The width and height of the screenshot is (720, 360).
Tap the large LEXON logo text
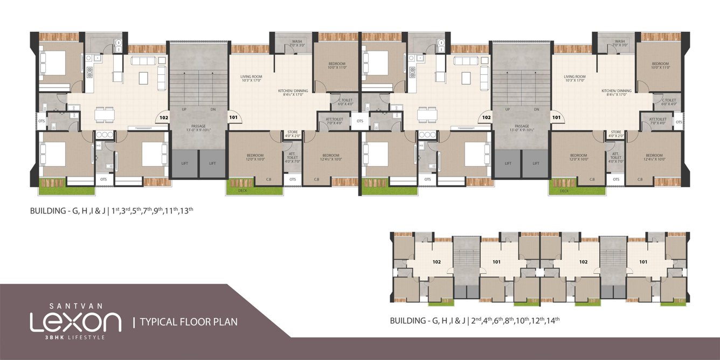(75, 322)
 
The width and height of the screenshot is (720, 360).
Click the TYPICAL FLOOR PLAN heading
(189, 322)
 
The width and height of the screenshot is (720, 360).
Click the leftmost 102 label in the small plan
(437, 262)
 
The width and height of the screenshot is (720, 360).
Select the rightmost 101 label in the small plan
(643, 262)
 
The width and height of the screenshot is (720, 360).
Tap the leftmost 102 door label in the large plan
(163, 116)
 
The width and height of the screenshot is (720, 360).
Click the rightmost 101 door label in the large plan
(556, 116)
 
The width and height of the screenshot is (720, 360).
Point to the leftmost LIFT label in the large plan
(184, 163)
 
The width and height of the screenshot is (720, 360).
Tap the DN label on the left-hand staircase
(213, 109)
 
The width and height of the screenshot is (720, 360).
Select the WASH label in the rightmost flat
(620, 41)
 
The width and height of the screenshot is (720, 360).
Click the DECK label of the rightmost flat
(564, 190)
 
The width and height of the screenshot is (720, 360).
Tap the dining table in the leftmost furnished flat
(105, 114)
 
